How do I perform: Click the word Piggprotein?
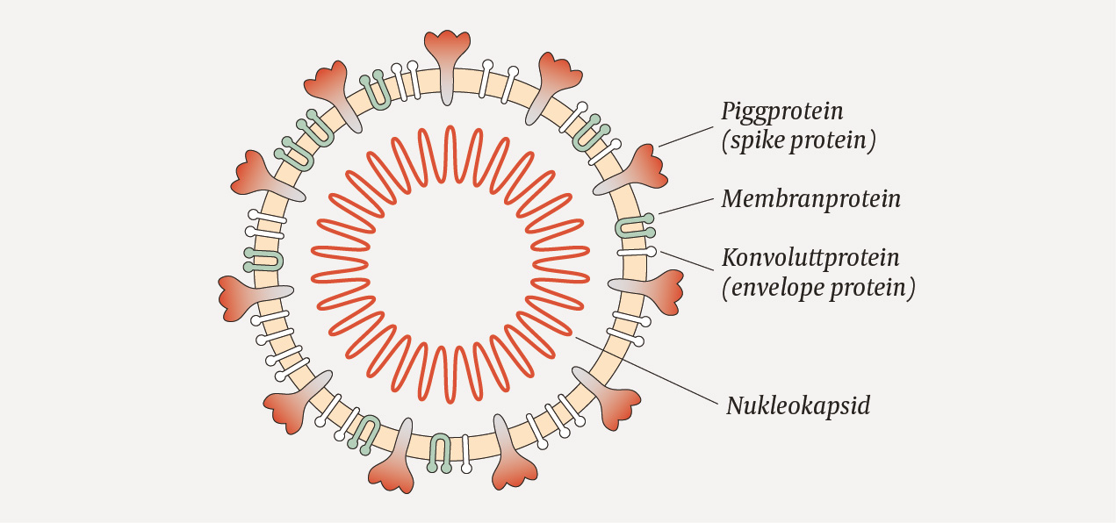point(782,111)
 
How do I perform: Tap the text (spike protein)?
point(798,141)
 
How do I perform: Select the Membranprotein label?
point(810,199)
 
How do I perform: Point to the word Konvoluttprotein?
point(810,258)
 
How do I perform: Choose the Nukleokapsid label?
point(798,406)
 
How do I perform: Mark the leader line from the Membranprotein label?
point(686,204)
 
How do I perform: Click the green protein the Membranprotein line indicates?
point(633,226)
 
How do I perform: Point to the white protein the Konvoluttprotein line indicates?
point(636,253)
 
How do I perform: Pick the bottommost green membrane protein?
point(441,452)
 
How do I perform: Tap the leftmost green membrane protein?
point(263,258)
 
